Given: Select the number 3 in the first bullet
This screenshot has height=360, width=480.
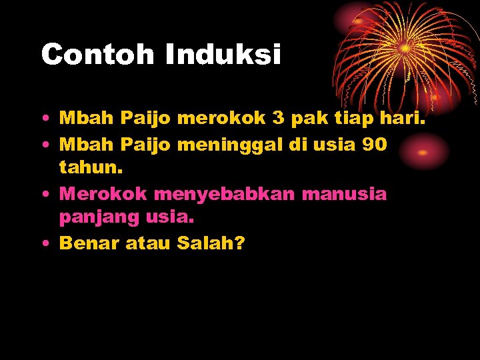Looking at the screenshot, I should click(x=278, y=119).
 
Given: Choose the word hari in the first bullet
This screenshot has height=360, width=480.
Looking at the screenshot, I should click(x=404, y=119).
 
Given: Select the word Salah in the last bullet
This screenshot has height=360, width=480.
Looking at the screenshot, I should click(x=207, y=243).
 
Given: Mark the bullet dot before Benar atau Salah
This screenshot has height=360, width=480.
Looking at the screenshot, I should click(x=43, y=244).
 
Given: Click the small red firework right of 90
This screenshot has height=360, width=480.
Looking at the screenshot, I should click(x=423, y=152).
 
